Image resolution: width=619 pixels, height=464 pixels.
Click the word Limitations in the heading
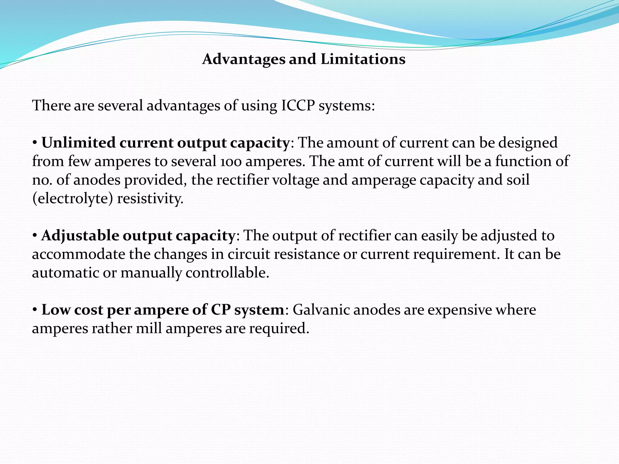[x=363, y=59]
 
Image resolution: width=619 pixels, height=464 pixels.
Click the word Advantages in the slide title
[x=244, y=59]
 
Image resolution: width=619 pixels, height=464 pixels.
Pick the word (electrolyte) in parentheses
[x=73, y=199]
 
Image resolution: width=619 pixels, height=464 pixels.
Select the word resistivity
[x=150, y=199]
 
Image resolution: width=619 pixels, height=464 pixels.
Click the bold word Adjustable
[x=80, y=236]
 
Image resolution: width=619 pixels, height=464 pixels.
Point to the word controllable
[x=227, y=273]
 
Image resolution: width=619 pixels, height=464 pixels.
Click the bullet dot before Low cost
[x=35, y=310]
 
